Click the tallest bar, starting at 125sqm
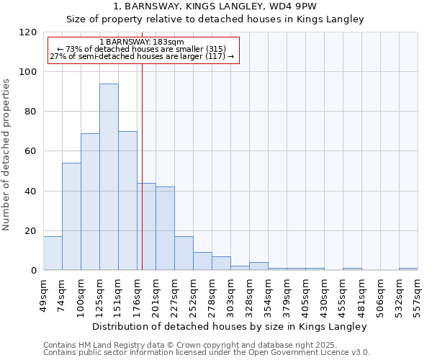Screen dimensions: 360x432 (x=109, y=177)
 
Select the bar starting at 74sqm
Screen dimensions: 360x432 (x=71, y=217)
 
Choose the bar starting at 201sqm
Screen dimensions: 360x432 (x=165, y=228)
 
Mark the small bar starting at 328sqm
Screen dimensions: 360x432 (x=258, y=266)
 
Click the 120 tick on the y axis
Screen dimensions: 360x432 (x=28, y=32)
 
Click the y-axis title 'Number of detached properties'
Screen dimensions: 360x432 (x=7, y=154)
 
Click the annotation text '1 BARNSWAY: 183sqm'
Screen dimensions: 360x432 (x=142, y=42)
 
